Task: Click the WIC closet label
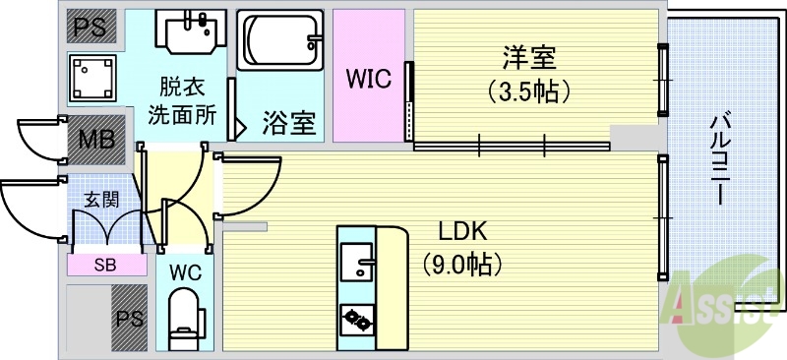point(368,78)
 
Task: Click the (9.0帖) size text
point(462,264)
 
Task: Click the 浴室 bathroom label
point(288,124)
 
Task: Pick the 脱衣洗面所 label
point(182,99)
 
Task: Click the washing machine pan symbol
point(93,77)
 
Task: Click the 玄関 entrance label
point(100,198)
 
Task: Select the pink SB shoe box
point(102,264)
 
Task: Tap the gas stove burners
point(355,319)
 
